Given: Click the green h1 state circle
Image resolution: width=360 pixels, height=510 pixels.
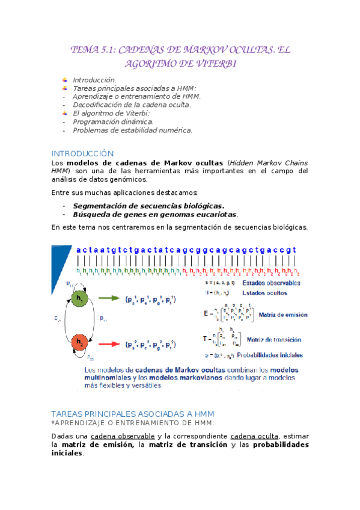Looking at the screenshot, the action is tap(81, 298).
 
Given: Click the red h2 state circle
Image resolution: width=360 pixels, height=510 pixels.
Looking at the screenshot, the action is tap(81, 343).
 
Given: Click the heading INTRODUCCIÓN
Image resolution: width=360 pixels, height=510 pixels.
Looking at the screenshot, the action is tap(82, 153).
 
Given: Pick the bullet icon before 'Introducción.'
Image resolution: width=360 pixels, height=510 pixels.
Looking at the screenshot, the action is tap(65, 79).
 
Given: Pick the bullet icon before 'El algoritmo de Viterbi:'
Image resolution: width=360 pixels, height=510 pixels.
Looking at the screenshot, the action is tap(65, 113).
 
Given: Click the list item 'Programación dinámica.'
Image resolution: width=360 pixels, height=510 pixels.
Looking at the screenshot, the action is tap(113, 121).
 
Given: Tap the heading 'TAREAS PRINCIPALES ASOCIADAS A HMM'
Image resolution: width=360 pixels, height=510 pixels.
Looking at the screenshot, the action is tap(133, 414).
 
